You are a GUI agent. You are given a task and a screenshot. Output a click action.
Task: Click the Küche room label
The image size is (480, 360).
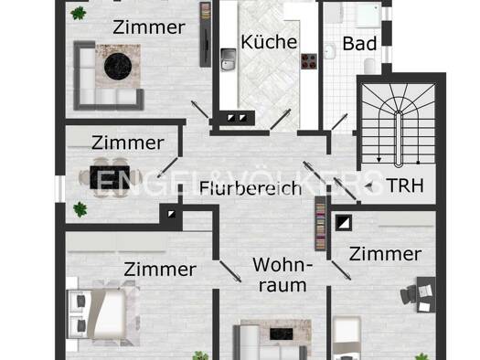click(x=269, y=42)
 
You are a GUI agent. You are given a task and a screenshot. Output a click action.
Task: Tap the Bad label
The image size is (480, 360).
click(x=359, y=44)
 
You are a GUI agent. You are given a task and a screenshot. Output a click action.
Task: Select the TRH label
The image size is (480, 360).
click(x=405, y=185)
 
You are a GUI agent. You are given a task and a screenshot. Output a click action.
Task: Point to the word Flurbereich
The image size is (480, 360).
click(x=251, y=188)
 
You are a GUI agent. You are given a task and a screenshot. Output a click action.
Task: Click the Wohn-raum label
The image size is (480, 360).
click(x=283, y=275)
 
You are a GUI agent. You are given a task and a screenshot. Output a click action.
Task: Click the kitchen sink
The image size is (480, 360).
click(x=229, y=59)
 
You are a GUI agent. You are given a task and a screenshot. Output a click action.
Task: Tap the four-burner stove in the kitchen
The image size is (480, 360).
click(x=309, y=61)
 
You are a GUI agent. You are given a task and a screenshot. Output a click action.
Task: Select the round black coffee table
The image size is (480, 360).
click(x=118, y=67)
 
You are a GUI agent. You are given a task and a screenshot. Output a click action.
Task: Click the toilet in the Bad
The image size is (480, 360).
click(x=369, y=66)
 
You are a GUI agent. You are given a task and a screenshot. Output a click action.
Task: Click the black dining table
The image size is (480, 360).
click(x=110, y=177)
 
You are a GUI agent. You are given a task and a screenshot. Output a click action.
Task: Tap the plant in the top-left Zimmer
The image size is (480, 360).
click(x=79, y=14)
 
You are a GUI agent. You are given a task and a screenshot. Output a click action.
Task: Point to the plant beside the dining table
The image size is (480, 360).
click(x=80, y=209)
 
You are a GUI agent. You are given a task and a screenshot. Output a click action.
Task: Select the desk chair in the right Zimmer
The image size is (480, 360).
click(x=408, y=294)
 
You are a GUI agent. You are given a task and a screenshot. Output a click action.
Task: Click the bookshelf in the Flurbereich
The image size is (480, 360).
click(x=321, y=224)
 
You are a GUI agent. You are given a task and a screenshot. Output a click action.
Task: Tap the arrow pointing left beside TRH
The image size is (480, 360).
click(x=369, y=186)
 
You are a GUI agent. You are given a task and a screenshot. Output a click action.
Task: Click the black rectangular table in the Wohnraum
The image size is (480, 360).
click(x=282, y=334)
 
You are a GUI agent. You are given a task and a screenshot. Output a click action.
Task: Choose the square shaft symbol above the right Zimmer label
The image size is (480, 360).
click(x=344, y=223)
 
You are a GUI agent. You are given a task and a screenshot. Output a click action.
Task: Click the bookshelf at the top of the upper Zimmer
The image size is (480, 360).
click(x=206, y=35)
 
